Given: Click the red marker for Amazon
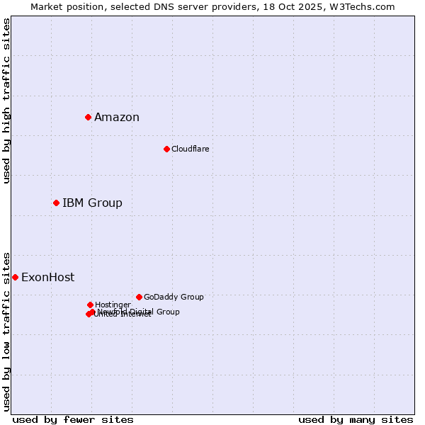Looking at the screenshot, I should point(88,117).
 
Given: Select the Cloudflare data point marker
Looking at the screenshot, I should point(166,149).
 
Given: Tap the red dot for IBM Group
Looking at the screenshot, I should point(56,203).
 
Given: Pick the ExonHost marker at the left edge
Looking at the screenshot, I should point(15,277).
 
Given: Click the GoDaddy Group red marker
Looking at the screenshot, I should point(139,297).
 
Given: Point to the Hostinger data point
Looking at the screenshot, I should point(90,305).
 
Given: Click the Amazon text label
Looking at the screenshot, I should point(117,118).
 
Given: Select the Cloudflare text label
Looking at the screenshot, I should point(190,149).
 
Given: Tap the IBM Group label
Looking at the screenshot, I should point(92,203).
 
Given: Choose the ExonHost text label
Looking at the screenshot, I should point(47,278).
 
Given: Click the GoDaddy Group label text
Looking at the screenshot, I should point(174,297).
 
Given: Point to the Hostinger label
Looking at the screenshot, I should point(113,305).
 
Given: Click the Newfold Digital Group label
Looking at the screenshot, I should point(139,311).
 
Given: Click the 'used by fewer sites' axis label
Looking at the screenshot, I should point(73,419).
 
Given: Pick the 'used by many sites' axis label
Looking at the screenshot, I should point(356,419).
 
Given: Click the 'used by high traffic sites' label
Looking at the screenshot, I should point(6,101).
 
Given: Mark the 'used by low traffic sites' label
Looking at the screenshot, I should point(6,331).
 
